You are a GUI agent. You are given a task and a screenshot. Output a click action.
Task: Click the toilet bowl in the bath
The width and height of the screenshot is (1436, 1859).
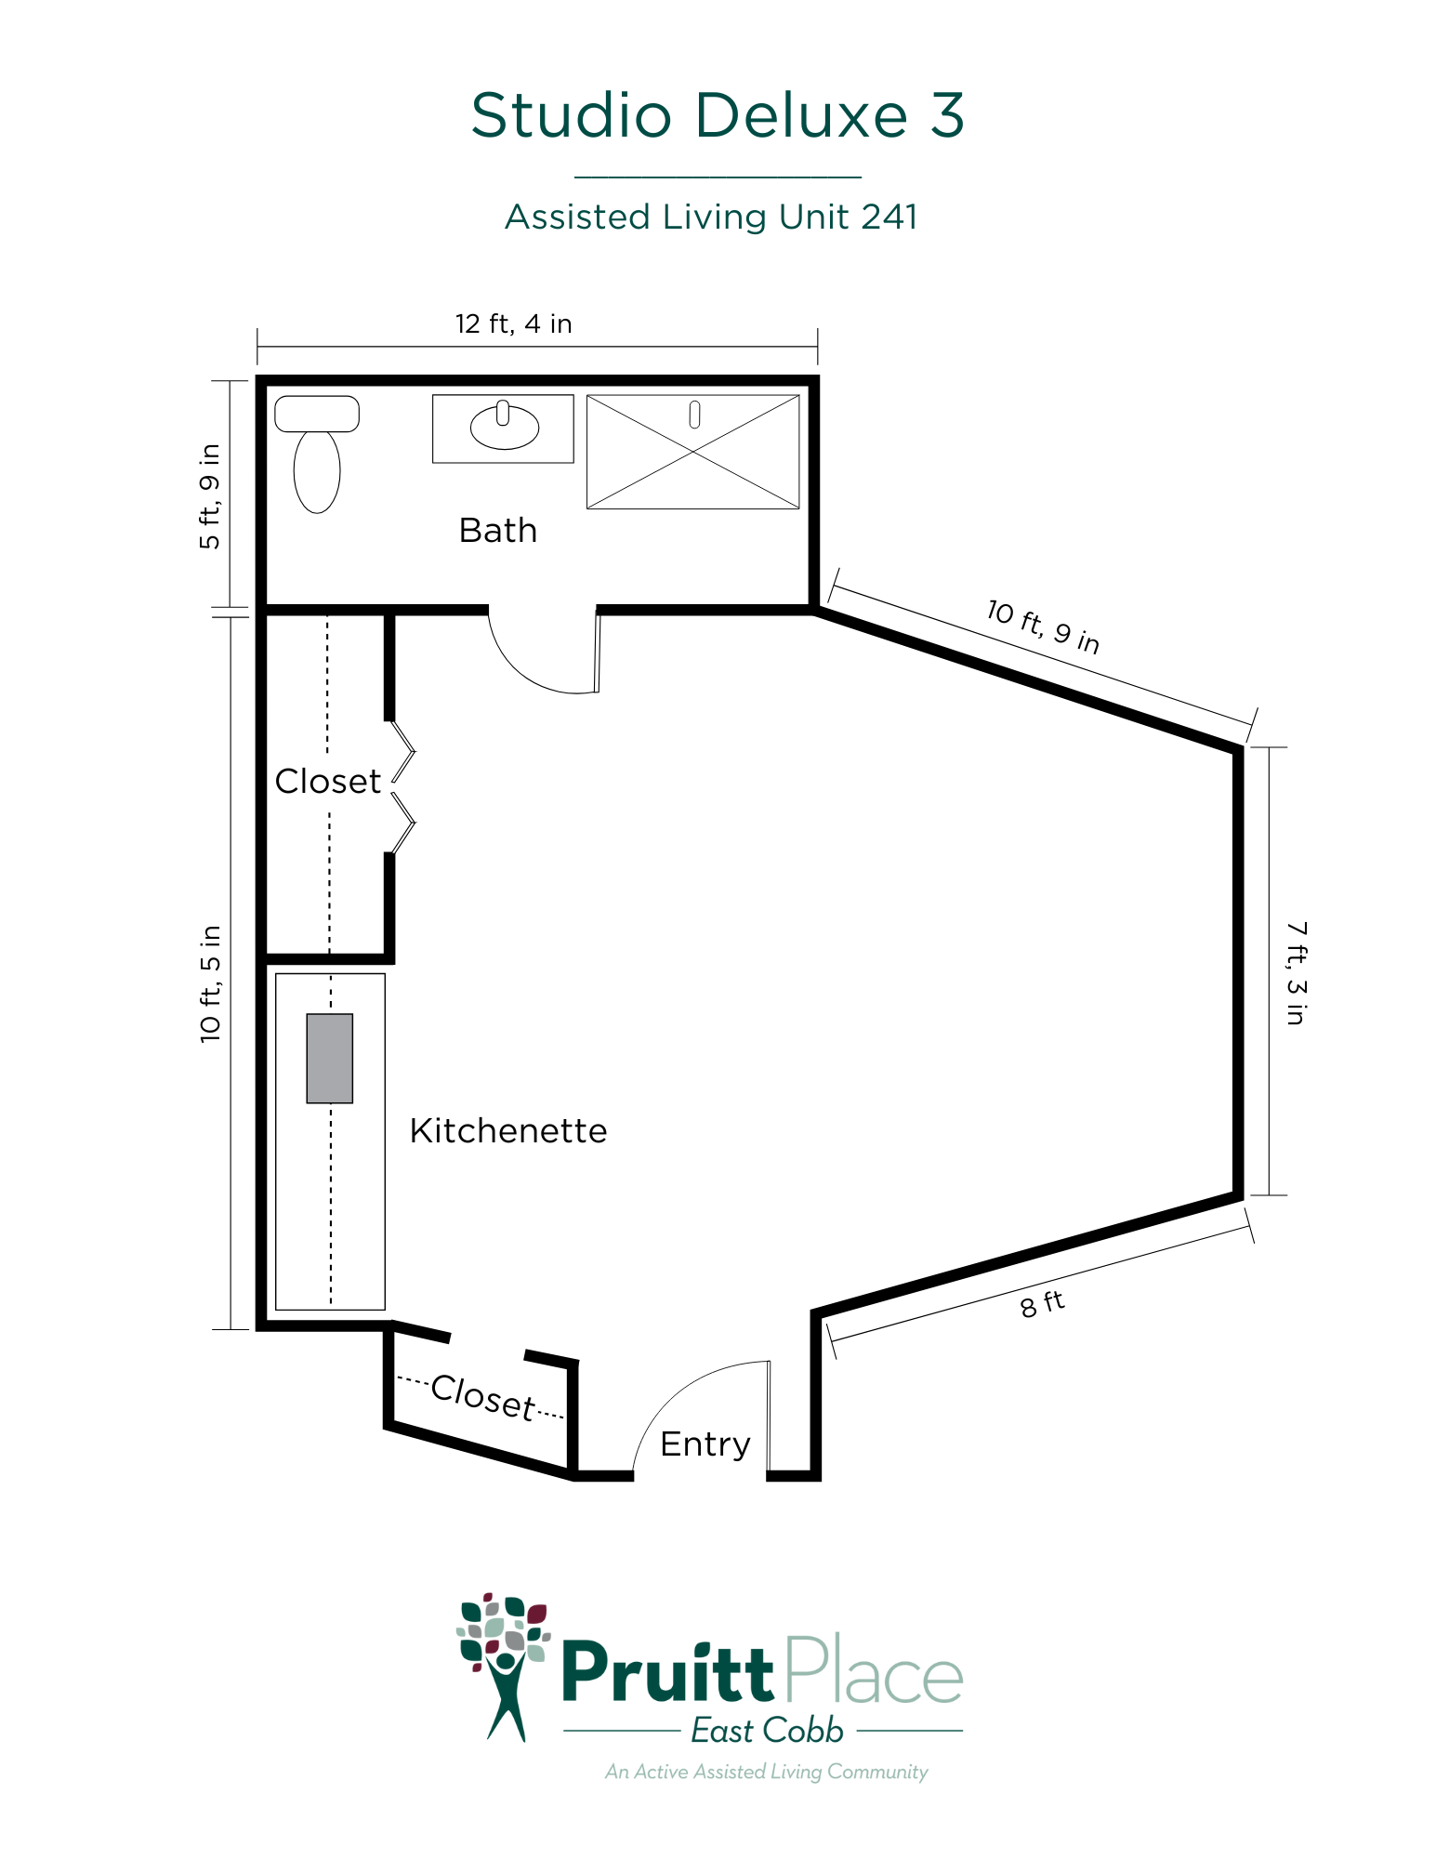317,471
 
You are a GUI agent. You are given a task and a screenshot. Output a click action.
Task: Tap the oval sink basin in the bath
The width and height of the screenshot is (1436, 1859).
504,428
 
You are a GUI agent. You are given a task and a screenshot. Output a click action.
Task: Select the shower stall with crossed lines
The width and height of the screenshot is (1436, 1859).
693,452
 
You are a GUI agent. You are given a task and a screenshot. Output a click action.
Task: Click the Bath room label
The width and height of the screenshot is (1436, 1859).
498,531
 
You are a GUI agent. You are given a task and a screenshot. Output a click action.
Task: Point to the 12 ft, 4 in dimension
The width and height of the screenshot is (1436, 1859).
514,323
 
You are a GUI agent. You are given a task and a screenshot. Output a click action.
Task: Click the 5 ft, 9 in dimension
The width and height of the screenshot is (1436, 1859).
210,496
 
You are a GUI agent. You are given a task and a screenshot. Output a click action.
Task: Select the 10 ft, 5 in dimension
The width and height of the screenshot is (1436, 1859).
211,983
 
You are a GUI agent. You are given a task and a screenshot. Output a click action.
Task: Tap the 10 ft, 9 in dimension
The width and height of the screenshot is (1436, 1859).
1043,626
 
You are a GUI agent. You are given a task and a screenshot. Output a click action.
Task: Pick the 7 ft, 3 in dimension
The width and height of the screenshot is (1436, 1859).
1297,973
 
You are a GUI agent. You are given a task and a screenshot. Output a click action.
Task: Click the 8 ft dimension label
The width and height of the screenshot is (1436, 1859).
1042,1304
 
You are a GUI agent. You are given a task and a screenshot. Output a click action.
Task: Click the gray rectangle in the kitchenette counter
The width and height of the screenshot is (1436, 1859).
330,1059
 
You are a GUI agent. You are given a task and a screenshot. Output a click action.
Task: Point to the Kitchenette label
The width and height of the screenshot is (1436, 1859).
508,1131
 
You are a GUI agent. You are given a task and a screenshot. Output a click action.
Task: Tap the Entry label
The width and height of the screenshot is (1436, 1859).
705,1444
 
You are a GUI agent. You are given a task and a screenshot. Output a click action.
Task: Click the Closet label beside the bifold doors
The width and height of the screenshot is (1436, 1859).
328,782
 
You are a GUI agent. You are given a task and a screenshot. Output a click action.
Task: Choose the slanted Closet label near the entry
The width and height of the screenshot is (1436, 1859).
483,1397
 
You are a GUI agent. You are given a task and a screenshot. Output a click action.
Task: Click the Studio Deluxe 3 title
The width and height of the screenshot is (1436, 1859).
718,115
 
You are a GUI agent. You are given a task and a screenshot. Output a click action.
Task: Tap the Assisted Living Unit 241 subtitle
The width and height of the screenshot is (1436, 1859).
711,217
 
